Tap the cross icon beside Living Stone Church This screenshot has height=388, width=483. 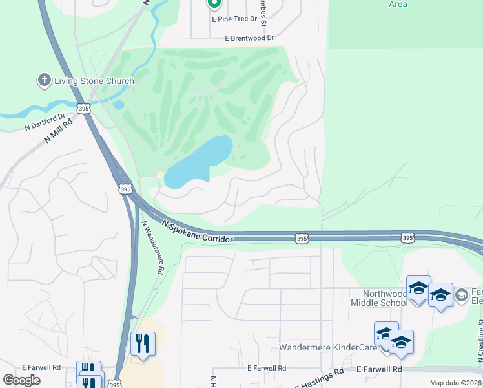(44, 81)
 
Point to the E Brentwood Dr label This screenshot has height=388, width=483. (249, 39)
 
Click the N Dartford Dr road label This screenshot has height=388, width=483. (45, 121)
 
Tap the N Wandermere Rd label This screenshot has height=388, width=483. (153, 248)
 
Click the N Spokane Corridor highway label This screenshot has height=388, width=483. (198, 232)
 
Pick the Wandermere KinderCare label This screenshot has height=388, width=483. (328, 347)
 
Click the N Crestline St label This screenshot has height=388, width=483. (480, 336)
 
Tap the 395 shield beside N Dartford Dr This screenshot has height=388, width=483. (83, 109)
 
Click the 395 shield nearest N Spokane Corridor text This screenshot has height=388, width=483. (302, 239)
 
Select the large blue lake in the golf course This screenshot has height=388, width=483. (197, 162)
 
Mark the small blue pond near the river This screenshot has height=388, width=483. (118, 104)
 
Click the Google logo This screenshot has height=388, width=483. (22, 380)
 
